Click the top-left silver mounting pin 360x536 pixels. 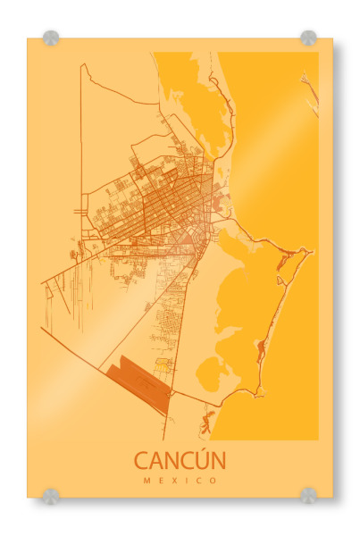pyautogui.click(x=51, y=38)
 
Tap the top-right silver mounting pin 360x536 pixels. pyautogui.click(x=308, y=38)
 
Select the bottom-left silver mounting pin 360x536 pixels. pyautogui.click(x=51, y=495)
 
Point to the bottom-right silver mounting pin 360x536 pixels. pyautogui.click(x=308, y=495)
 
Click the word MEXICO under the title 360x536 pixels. pyautogui.click(x=180, y=481)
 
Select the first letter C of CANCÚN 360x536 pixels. pyautogui.click(x=141, y=461)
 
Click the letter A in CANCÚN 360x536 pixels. pyautogui.click(x=156, y=461)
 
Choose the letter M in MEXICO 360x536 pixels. pyautogui.click(x=147, y=481)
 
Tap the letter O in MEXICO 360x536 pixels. pyautogui.click(x=213, y=481)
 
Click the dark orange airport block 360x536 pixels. pyautogui.click(x=138, y=382)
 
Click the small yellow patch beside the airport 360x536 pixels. pyautogui.click(x=163, y=364)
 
